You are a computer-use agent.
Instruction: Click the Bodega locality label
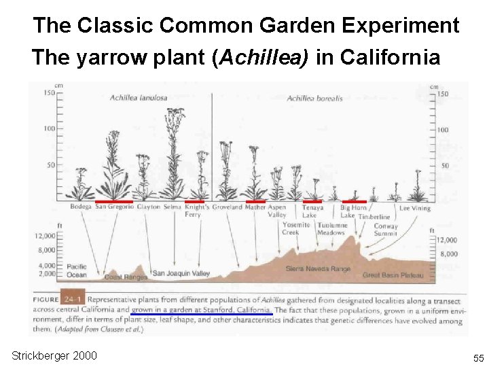click(81, 207)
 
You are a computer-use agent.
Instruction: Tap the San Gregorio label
click(114, 207)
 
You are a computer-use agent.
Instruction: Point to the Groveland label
click(227, 207)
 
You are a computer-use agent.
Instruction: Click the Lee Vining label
click(414, 209)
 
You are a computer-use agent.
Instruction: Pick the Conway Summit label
click(386, 230)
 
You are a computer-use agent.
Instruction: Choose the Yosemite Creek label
click(295, 229)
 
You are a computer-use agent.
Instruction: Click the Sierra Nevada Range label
click(318, 269)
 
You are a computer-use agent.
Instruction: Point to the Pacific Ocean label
click(77, 270)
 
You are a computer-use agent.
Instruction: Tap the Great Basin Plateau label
click(393, 275)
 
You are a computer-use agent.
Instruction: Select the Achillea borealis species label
click(314, 99)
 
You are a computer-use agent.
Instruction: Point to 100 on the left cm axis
click(49, 129)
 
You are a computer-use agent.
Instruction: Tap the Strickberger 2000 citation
click(54, 356)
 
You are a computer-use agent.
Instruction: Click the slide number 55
click(477, 357)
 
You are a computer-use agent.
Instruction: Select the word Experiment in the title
click(401, 26)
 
